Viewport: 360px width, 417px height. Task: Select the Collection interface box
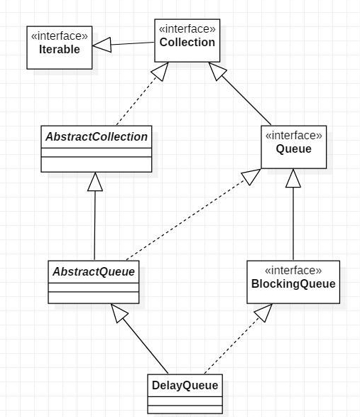coord(187,43)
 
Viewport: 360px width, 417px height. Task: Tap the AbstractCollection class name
coord(97,137)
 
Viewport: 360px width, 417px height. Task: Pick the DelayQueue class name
coord(185,386)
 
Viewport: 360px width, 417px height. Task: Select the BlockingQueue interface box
coord(293,283)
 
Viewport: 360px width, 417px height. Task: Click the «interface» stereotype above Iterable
coord(60,36)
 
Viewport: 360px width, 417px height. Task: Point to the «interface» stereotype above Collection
coord(187,30)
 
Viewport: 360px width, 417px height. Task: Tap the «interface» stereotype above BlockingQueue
coord(293,271)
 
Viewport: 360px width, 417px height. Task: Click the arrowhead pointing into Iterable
coord(102,46)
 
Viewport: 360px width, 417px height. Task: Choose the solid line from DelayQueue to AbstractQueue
coord(146,349)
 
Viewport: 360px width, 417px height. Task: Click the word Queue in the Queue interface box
coord(293,150)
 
